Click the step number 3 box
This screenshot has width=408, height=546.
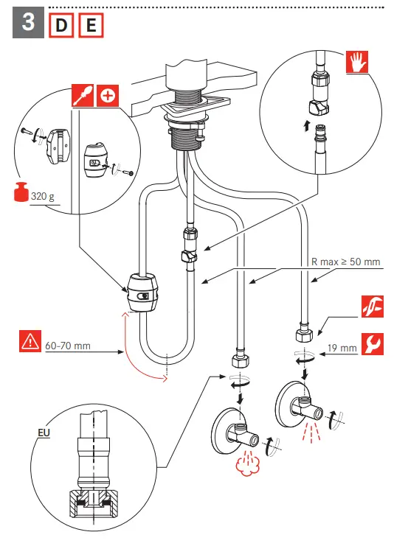[28, 23]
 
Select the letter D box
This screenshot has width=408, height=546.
[61, 25]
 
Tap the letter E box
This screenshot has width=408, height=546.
[91, 25]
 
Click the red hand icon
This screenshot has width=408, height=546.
[357, 62]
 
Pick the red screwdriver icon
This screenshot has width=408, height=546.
[83, 95]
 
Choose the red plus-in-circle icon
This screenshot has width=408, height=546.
[108, 95]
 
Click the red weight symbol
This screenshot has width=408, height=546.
[21, 192]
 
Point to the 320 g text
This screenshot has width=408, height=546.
[43, 197]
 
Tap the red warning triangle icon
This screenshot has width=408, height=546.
[30, 341]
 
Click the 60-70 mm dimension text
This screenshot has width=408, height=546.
[68, 346]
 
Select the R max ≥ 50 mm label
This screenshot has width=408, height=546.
[345, 262]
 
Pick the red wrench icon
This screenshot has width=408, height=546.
[373, 344]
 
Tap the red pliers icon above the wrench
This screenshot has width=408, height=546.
[373, 307]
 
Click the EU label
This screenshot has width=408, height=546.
[44, 433]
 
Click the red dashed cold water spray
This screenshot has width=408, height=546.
[311, 433]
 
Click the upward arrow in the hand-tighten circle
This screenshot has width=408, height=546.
[306, 126]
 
